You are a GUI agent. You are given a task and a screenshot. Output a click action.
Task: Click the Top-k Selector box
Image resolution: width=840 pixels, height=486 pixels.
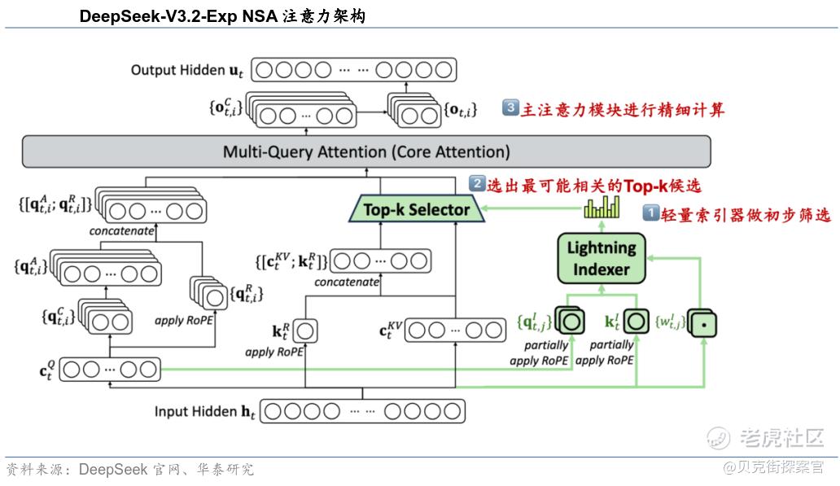click(x=416, y=210)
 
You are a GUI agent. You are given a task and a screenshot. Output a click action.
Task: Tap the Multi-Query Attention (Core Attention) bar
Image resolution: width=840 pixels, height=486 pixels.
click(x=366, y=152)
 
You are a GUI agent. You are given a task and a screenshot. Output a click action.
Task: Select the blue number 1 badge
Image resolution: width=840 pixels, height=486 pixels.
click(x=652, y=214)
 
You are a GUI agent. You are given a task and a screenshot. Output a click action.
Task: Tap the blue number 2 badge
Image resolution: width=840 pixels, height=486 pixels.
click(x=477, y=184)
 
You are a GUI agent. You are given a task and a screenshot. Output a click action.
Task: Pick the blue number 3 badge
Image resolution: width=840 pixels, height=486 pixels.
click(x=511, y=107)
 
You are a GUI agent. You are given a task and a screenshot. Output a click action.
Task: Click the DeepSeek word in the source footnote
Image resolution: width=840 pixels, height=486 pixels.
click(x=113, y=470)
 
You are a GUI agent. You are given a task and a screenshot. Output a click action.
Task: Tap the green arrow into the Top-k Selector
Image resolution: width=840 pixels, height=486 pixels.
click(x=529, y=210)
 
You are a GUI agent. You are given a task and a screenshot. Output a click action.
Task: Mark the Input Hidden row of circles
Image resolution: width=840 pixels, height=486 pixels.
click(x=362, y=411)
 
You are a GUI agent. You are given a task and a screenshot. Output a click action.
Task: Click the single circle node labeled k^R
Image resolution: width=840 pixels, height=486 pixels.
click(x=305, y=331)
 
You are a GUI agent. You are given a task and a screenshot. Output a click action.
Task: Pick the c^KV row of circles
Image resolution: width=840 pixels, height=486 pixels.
click(x=455, y=331)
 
